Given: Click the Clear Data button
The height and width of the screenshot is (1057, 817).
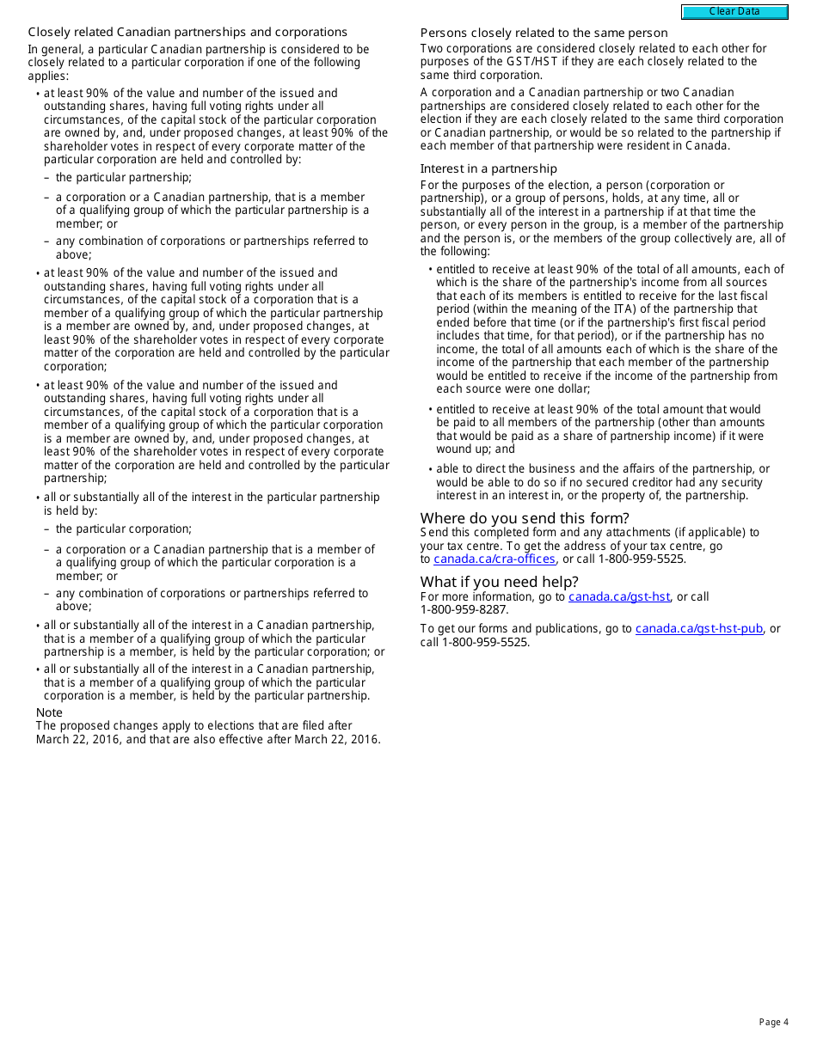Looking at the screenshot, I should tap(734, 12).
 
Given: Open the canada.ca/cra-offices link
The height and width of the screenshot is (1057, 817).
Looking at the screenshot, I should tap(494, 559).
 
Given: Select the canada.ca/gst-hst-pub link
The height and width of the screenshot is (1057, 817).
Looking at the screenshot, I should tap(698, 629).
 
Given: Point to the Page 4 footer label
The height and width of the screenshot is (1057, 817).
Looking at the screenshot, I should tap(773, 1022).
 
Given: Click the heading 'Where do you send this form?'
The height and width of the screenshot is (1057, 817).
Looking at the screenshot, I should tap(525, 518).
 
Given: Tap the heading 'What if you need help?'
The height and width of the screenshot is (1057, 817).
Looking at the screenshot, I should tap(499, 583).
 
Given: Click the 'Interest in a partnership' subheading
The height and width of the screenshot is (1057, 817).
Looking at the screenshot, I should tap(488, 169).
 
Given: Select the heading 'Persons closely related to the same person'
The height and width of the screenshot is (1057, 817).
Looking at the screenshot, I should tap(544, 34).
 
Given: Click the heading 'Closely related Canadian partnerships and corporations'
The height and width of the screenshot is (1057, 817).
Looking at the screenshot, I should tap(187, 33).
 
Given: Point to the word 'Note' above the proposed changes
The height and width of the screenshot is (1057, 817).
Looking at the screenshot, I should tap(49, 712).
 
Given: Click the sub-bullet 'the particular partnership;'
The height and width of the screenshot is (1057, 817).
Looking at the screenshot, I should tap(124, 178).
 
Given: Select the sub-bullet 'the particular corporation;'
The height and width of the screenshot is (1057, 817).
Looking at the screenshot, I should tap(124, 529).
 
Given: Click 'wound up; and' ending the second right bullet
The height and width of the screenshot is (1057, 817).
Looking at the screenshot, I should tap(476, 449).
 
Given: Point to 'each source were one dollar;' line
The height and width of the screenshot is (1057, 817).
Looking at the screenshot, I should tap(513, 389).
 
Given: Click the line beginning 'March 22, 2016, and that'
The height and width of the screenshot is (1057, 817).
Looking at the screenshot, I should tap(207, 740).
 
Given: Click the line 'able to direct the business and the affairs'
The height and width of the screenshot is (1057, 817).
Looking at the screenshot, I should tap(602, 469).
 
